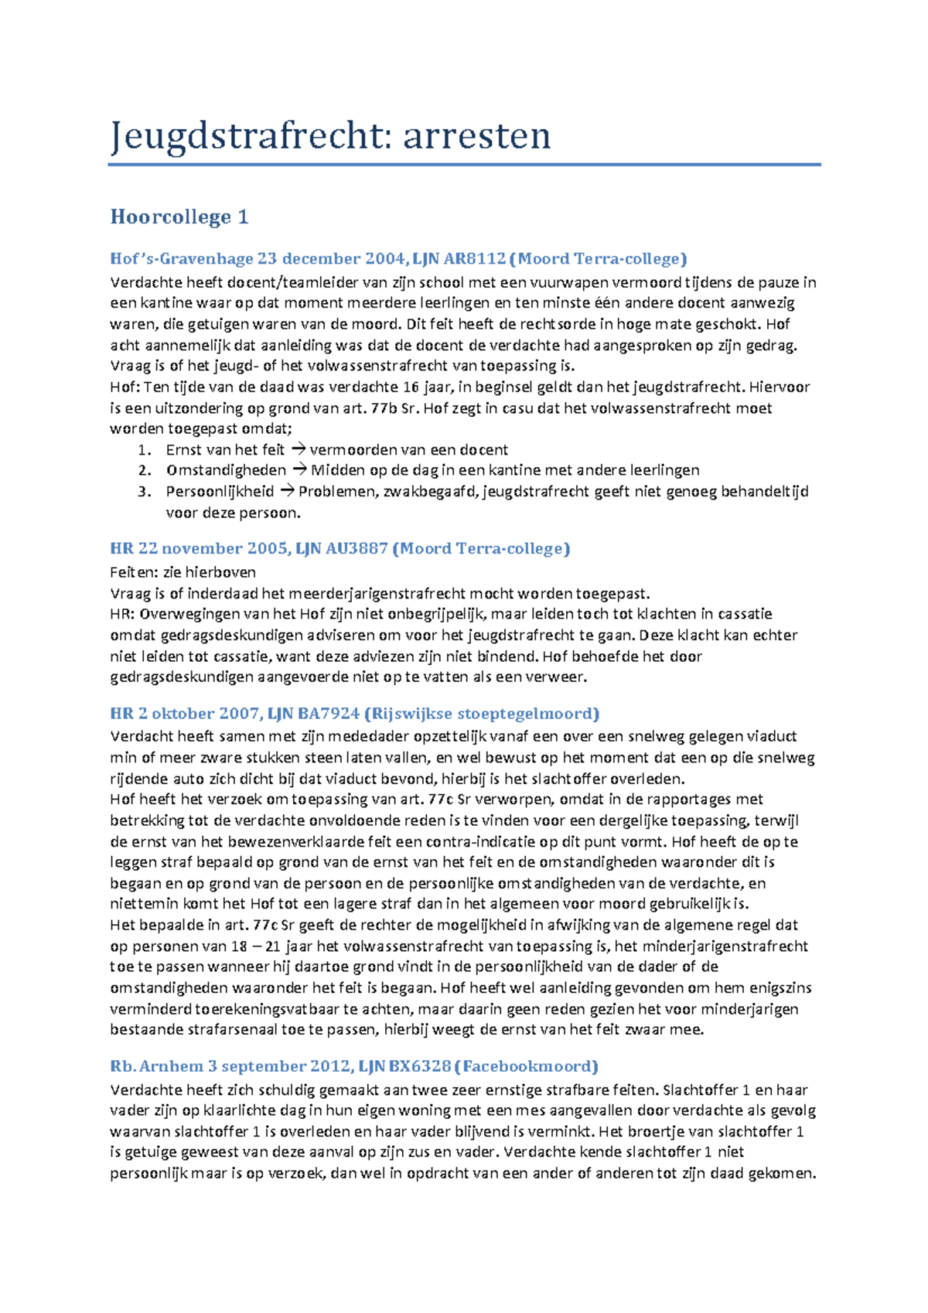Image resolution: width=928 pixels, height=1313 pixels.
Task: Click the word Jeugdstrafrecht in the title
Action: pos(244,136)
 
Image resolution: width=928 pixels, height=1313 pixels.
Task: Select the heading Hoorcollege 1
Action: pos(179,217)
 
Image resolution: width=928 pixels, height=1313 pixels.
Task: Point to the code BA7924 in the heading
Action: pos(328,714)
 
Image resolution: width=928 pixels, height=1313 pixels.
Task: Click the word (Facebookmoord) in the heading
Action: pos(527,1066)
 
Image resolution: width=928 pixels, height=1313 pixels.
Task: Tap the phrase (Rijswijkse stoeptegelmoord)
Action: pos(482,714)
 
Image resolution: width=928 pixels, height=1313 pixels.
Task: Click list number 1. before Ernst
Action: pos(145,450)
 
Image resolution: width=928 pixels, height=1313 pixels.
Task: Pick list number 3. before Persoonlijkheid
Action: pos(145,492)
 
